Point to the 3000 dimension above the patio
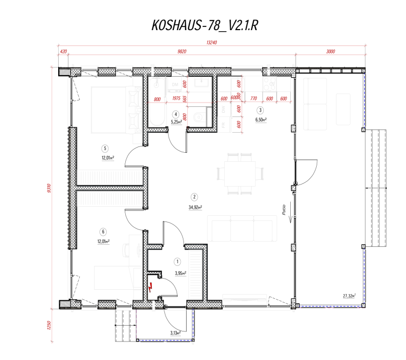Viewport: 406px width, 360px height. tap(331, 51)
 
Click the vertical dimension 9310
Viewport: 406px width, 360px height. tap(49, 188)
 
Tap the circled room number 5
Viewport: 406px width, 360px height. tap(105, 149)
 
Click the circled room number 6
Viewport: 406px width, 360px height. tap(103, 231)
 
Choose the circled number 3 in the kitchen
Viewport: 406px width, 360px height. tap(260, 110)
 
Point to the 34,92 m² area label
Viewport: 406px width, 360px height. tap(196, 207)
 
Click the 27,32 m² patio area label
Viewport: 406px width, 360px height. tap(348, 297)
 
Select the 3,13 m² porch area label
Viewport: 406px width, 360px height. tap(176, 333)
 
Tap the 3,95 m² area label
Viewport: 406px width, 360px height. tap(181, 273)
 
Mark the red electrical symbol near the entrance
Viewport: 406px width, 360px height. tap(151, 288)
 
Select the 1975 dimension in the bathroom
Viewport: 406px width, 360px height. tap(177, 99)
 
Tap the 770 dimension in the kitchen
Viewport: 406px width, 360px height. tap(253, 99)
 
